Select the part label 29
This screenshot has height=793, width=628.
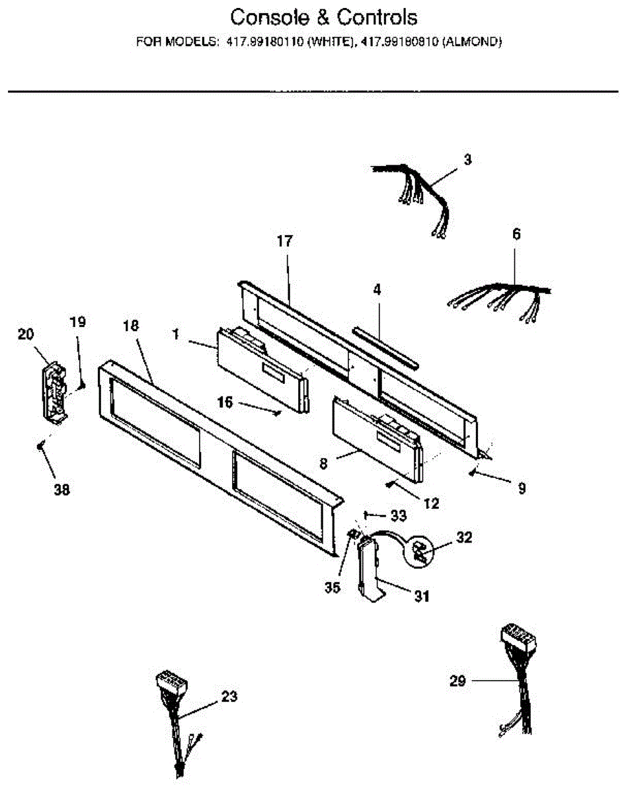[459, 680]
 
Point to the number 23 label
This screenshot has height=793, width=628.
[229, 696]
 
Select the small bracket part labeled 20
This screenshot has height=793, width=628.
[55, 391]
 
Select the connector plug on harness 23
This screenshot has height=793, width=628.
[171, 682]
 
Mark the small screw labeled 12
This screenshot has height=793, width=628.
[391, 486]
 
